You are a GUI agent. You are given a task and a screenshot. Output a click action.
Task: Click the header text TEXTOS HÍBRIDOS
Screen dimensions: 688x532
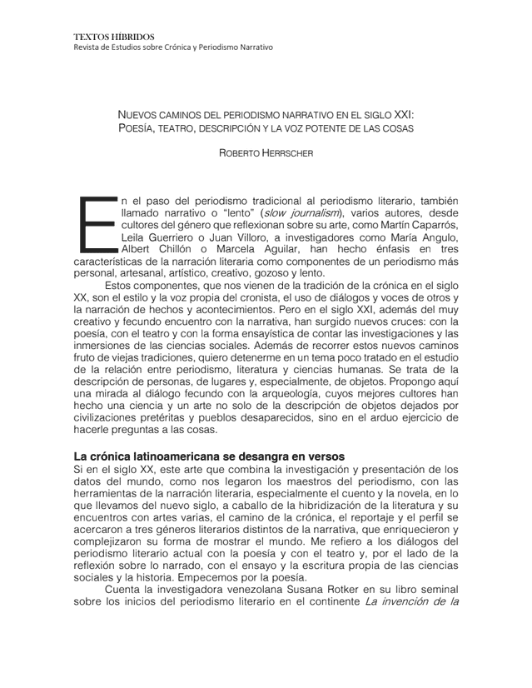pos(113,37)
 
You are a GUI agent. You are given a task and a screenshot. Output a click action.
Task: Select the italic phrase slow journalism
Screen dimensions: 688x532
pos(286,213)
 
